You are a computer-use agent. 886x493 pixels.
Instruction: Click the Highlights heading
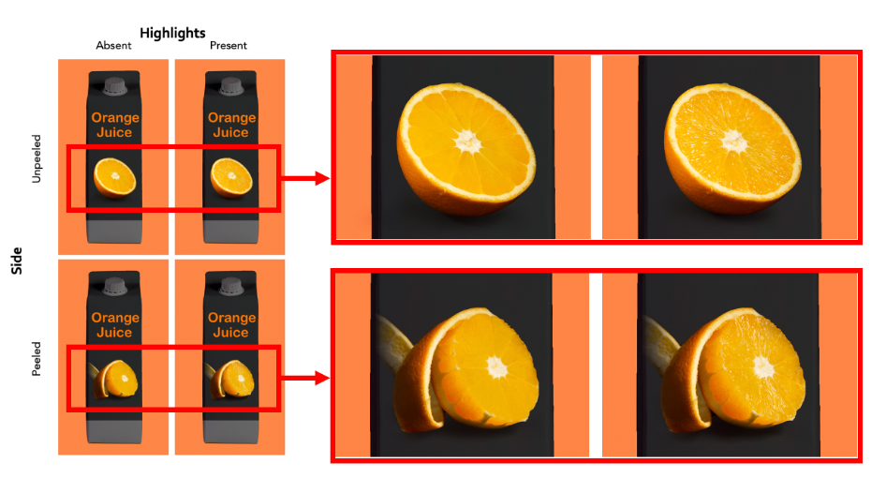(x=172, y=34)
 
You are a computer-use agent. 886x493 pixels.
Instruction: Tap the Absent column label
(x=113, y=45)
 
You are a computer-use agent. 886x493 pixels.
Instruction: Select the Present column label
(x=229, y=45)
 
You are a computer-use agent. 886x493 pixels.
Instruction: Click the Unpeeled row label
(x=37, y=159)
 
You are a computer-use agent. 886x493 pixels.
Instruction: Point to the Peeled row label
(x=37, y=358)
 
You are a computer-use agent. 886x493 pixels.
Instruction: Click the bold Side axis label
(x=16, y=261)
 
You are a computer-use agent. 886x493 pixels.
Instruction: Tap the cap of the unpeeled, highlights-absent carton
(x=114, y=85)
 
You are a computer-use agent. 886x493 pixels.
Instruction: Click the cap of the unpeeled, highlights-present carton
(x=231, y=85)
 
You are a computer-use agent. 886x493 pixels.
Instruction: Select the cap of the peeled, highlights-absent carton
(x=114, y=286)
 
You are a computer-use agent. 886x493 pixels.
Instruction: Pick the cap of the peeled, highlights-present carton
(x=231, y=286)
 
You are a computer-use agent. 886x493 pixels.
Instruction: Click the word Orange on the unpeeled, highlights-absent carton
(x=115, y=117)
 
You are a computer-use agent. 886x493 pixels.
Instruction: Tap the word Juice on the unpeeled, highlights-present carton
(x=230, y=132)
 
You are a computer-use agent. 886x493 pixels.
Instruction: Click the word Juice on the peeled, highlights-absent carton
(x=114, y=333)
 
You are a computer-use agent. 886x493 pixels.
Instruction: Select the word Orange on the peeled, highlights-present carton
(x=231, y=318)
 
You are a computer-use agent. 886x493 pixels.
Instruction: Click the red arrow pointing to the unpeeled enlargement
(x=305, y=179)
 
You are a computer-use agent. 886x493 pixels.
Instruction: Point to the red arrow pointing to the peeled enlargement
(x=305, y=379)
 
